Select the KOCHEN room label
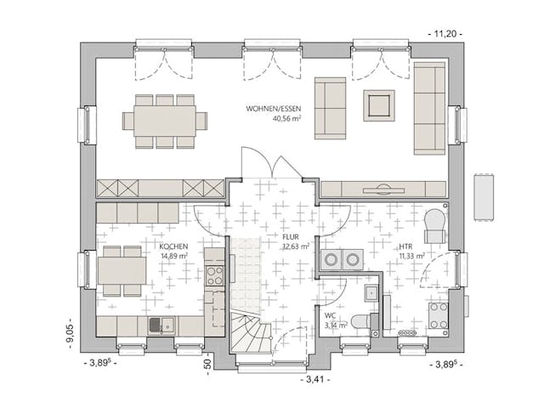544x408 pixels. [x=173, y=246]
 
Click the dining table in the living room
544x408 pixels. [x=165, y=121]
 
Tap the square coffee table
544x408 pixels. [x=379, y=105]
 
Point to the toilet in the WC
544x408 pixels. [x=361, y=322]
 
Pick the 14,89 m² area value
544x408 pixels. [x=173, y=256]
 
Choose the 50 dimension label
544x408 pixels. [x=207, y=364]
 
